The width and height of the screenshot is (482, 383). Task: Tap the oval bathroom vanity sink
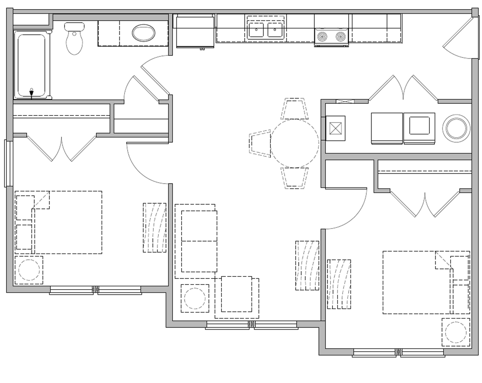(x=144, y=33)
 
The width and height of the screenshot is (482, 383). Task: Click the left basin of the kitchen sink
(x=256, y=30)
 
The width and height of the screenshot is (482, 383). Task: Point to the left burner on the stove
(x=322, y=37)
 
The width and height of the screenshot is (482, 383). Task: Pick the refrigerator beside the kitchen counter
(x=195, y=31)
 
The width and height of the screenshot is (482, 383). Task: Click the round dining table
(x=294, y=143)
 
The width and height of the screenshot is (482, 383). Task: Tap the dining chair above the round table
(x=294, y=109)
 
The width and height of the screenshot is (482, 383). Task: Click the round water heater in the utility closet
(x=456, y=128)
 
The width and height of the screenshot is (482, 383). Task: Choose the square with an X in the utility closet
(x=335, y=128)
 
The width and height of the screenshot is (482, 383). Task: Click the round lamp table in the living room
(x=195, y=298)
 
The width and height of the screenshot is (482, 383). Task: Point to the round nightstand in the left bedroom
(x=29, y=270)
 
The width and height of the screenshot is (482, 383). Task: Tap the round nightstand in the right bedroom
(x=456, y=332)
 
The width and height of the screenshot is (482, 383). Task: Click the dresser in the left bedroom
(x=154, y=227)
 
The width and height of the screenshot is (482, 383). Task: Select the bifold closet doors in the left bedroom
(x=61, y=148)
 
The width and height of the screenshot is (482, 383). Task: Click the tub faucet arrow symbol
(x=32, y=93)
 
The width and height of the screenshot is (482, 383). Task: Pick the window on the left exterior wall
(x=8, y=163)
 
